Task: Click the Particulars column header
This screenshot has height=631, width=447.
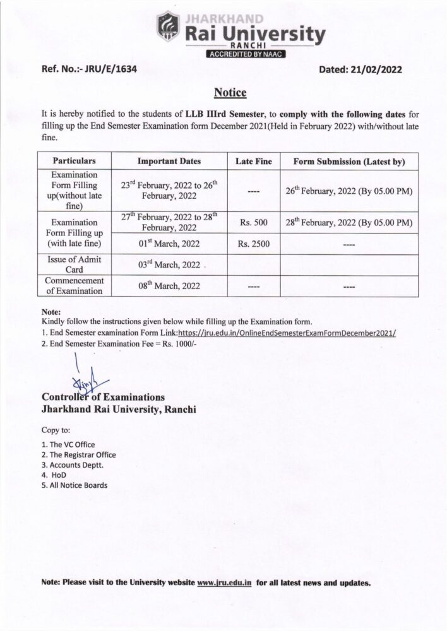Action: pos(74,162)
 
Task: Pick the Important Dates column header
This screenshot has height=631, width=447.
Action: pos(169,162)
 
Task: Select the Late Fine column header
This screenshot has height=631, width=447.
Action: pos(254,162)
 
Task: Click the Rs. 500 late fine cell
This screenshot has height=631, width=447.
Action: pos(254,223)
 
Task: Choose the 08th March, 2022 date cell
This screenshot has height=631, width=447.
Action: pos(169,286)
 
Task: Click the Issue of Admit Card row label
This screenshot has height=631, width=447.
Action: pos(74,264)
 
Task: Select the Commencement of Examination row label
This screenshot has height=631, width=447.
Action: pos(74,286)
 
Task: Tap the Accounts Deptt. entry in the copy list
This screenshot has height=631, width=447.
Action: pos(72,464)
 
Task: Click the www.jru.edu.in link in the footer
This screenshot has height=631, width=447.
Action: pos(224,582)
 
